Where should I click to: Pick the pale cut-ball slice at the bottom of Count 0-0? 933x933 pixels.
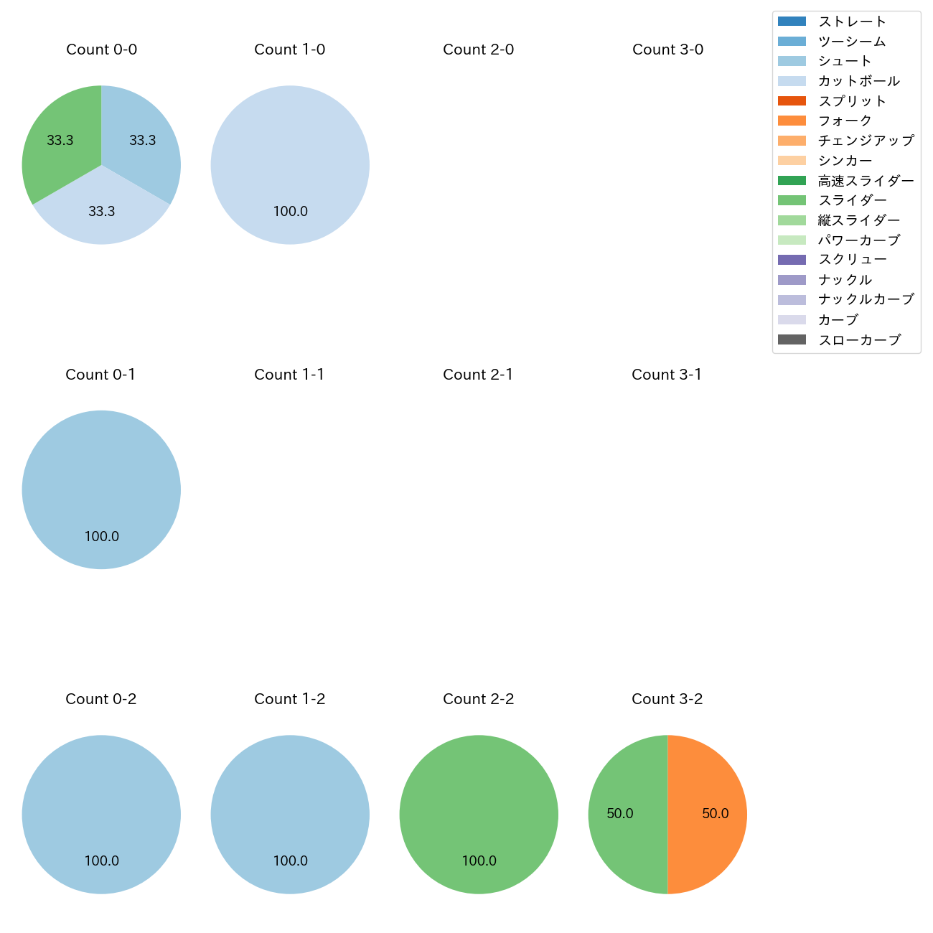[101, 215]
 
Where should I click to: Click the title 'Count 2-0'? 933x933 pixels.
[478, 50]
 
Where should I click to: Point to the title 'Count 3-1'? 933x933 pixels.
[667, 375]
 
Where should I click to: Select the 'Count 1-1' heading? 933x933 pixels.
[289, 375]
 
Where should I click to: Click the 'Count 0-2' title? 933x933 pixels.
[101, 699]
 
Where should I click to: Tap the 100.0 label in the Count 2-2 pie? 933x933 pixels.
[479, 861]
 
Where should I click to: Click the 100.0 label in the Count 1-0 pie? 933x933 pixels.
[290, 211]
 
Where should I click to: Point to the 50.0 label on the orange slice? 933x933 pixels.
[715, 813]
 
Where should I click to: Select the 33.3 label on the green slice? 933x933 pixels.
[60, 141]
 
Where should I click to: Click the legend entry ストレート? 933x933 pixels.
[852, 22]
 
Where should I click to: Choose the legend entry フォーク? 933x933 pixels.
[845, 121]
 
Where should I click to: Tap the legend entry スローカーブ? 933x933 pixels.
[859, 340]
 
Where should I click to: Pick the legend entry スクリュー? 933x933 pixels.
[852, 259]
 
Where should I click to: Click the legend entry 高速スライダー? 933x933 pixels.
[866, 181]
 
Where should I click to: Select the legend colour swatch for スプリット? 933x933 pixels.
[792, 101]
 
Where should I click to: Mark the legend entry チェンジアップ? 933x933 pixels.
[866, 141]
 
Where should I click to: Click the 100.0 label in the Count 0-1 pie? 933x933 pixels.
[101, 536]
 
